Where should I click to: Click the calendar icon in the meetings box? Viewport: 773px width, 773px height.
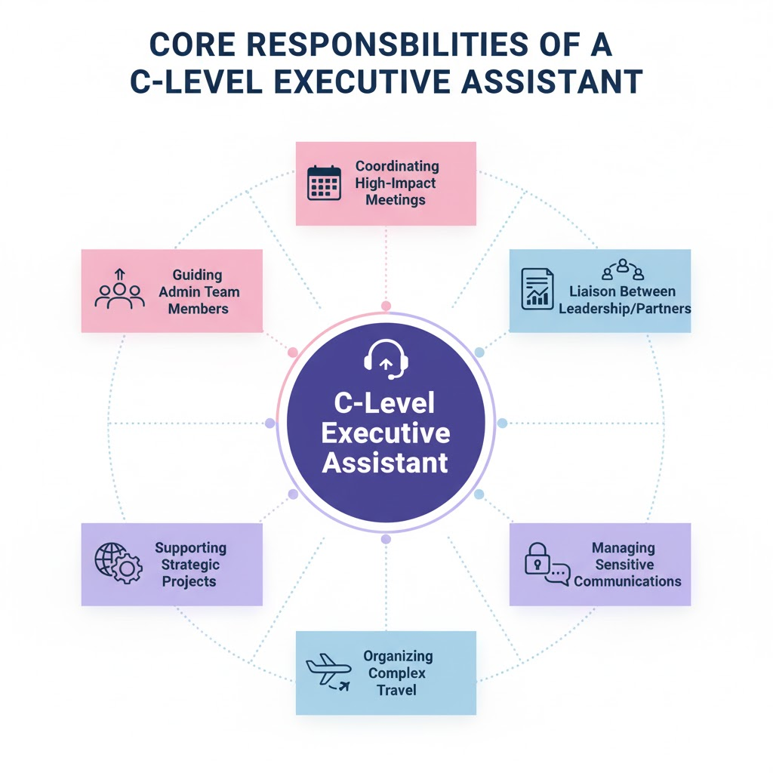(325, 183)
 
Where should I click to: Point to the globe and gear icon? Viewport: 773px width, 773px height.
(117, 563)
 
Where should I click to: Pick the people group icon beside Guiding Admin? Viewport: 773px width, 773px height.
(119, 291)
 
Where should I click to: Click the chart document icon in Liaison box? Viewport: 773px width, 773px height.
(537, 288)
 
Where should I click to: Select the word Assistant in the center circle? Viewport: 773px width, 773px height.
(385, 462)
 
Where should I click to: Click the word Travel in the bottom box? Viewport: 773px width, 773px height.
(397, 689)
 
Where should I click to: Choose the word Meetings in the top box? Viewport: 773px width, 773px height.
(396, 200)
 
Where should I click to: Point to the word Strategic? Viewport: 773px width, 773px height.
(192, 565)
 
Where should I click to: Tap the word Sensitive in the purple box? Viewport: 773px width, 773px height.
(624, 565)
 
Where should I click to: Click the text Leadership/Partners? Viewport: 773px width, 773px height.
(624, 308)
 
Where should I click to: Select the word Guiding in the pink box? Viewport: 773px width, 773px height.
(197, 276)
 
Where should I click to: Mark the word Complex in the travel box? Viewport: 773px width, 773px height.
(398, 673)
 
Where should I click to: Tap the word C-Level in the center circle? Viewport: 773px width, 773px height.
(385, 403)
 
